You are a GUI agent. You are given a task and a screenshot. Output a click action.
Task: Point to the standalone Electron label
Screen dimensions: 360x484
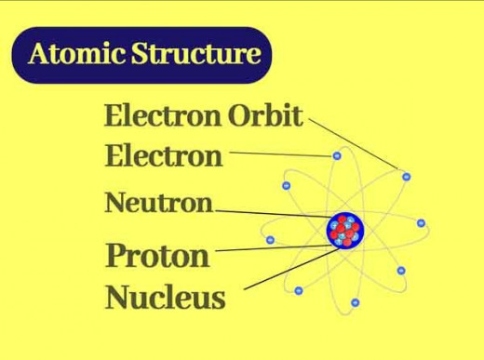(163, 155)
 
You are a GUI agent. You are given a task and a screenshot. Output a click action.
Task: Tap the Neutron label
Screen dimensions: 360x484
(158, 203)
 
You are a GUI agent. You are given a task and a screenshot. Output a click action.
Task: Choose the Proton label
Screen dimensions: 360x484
(157, 254)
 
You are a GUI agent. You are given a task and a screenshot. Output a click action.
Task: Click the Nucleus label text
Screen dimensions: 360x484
(165, 298)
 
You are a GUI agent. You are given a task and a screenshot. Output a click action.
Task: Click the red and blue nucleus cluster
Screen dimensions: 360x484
(345, 230)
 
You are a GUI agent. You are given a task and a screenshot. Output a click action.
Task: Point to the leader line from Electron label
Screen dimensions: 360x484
(279, 153)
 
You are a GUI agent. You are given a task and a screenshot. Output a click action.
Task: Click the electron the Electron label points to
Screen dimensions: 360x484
(337, 155)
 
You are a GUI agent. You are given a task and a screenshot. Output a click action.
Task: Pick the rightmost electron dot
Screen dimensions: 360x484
(421, 223)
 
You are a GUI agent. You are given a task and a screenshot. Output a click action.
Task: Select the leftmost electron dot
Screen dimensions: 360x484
(270, 240)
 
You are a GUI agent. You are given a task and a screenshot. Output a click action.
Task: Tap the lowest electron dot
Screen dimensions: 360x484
(356, 302)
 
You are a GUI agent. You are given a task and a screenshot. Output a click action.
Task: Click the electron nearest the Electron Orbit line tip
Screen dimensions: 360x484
(405, 176)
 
